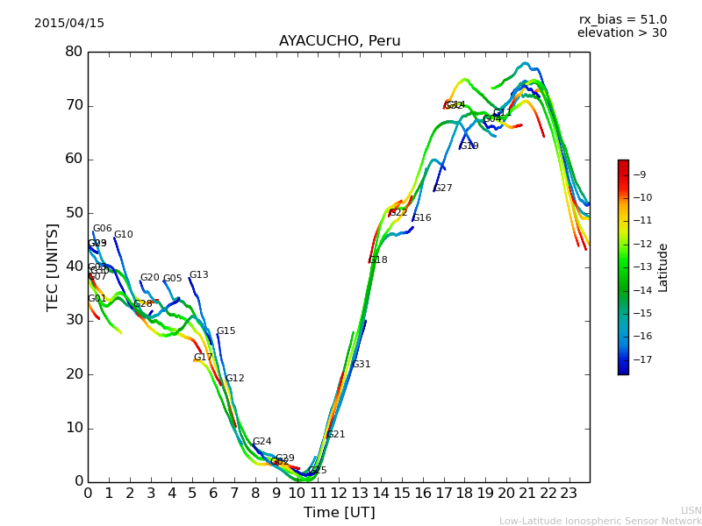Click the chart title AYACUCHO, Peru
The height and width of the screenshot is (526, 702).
[x=340, y=41]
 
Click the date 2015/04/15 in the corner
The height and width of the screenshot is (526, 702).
[x=69, y=24]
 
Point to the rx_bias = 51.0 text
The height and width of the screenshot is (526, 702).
[x=623, y=20]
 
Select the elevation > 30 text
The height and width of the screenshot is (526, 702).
[x=622, y=33]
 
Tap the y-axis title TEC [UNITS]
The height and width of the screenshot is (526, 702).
[x=54, y=267]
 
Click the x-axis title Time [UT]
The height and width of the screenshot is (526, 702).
[x=340, y=513]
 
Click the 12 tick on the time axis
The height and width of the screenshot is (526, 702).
[x=339, y=494]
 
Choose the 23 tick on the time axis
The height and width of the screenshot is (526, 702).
[x=569, y=494]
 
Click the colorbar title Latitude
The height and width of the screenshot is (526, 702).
[x=663, y=267]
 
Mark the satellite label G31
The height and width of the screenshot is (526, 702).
[x=362, y=365]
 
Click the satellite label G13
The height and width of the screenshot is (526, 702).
[x=199, y=275]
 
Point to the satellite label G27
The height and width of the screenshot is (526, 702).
[x=443, y=188]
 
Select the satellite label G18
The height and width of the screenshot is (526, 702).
[x=378, y=260]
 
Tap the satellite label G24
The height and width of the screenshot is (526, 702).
[x=262, y=442]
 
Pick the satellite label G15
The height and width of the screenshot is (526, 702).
[x=226, y=331]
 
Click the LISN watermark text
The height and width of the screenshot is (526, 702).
[x=691, y=510]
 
